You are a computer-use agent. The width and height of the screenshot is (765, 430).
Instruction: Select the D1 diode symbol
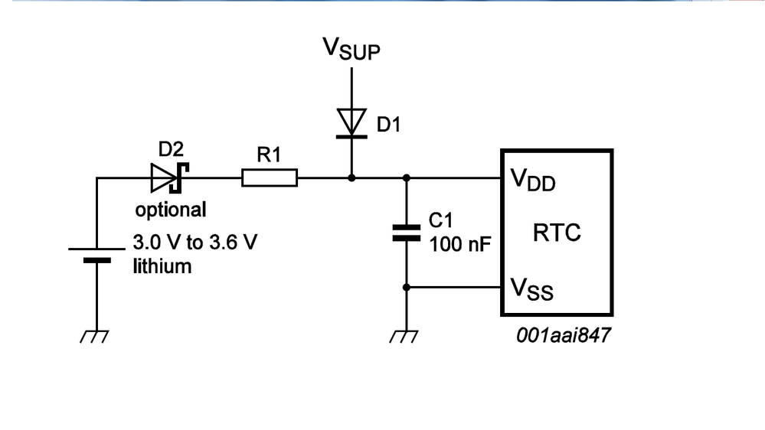(x=351, y=122)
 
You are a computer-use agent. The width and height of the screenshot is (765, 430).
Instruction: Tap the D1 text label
(x=388, y=125)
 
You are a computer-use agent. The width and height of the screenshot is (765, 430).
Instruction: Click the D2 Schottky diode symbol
(x=168, y=178)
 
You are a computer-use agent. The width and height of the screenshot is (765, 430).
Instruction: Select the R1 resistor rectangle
(x=270, y=178)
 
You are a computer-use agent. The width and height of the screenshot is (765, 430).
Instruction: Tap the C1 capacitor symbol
(x=407, y=233)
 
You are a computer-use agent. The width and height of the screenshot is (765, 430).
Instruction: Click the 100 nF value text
(x=459, y=245)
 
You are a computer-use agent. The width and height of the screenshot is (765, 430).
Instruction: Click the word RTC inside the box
(x=557, y=233)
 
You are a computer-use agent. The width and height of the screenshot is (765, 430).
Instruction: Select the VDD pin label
(x=532, y=181)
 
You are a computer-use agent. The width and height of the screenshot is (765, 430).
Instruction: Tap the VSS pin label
(x=531, y=288)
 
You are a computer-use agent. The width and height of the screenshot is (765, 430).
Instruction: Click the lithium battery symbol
(x=96, y=255)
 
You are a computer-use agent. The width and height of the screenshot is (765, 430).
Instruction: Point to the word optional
(x=171, y=210)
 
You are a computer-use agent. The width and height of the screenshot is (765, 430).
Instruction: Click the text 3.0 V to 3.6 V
(x=195, y=243)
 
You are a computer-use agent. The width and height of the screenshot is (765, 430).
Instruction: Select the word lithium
(x=162, y=266)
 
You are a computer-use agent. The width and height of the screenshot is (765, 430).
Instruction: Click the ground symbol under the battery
(x=96, y=336)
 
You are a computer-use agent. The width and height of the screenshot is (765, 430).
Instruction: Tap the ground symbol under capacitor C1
(x=406, y=336)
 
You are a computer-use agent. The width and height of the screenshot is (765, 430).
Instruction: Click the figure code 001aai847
(x=564, y=335)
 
